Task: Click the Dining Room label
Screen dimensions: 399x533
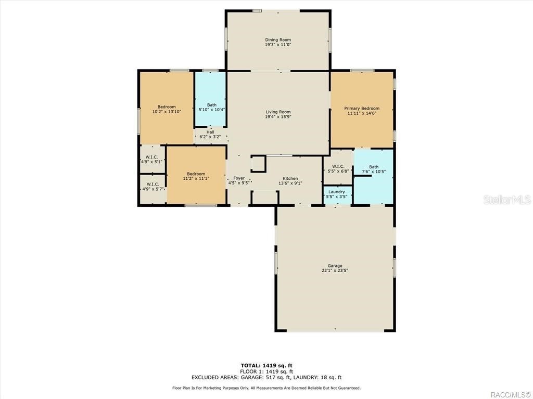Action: (x=278, y=40)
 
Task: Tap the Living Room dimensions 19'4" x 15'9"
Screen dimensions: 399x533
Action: (x=278, y=117)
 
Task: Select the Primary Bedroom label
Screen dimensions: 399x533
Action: (x=362, y=109)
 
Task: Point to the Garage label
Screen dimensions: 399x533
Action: (x=335, y=265)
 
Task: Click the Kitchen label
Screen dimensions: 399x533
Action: (x=290, y=178)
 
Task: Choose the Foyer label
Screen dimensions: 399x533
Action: (x=239, y=178)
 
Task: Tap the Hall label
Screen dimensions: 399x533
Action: (x=210, y=132)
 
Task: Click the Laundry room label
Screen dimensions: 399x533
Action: (x=337, y=192)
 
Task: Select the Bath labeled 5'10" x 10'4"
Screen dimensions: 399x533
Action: (x=211, y=105)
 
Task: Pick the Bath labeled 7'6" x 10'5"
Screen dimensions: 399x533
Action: (x=374, y=167)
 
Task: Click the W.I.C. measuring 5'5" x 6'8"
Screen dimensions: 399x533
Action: (x=338, y=166)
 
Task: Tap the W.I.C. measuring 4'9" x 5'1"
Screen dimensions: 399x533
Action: (x=152, y=157)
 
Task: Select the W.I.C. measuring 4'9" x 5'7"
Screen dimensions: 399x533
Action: (x=153, y=184)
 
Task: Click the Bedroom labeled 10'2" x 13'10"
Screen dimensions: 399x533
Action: (x=167, y=107)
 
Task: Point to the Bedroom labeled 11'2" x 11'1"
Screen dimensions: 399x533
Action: (x=196, y=174)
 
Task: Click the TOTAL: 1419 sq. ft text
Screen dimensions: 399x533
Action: (x=266, y=365)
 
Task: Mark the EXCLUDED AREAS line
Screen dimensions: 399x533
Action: (x=266, y=378)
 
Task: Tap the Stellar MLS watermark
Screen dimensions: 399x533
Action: (x=507, y=199)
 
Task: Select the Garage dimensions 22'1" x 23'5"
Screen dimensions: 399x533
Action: (x=335, y=271)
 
